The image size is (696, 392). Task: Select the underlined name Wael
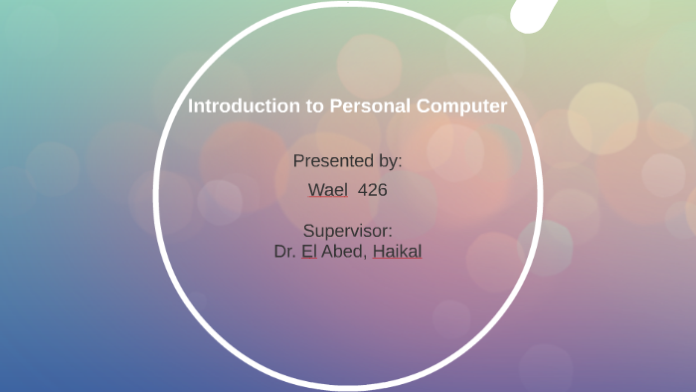point(328,189)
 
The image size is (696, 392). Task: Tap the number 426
point(372,189)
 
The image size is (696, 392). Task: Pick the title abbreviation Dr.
point(284,252)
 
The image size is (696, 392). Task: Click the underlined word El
point(309,252)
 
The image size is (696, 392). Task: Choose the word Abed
point(344,252)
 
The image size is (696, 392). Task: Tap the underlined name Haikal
point(398,252)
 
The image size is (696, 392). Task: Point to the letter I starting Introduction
point(191,105)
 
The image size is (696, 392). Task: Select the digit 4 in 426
point(362,189)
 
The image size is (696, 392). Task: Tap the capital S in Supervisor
point(308,231)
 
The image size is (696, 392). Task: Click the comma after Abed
point(369,255)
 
